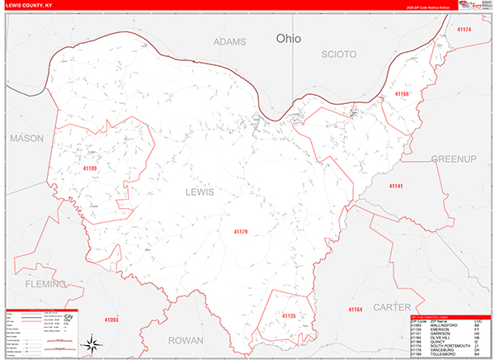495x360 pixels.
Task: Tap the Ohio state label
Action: (x=289, y=38)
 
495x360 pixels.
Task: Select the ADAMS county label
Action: (x=229, y=41)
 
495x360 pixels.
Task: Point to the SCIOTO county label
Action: (x=338, y=54)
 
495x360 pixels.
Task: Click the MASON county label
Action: (x=26, y=139)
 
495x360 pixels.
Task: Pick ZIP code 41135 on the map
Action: (x=288, y=316)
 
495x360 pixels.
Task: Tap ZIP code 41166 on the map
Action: (x=402, y=94)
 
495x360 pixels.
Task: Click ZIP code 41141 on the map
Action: (x=397, y=187)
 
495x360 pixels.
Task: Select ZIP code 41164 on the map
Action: (x=355, y=310)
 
